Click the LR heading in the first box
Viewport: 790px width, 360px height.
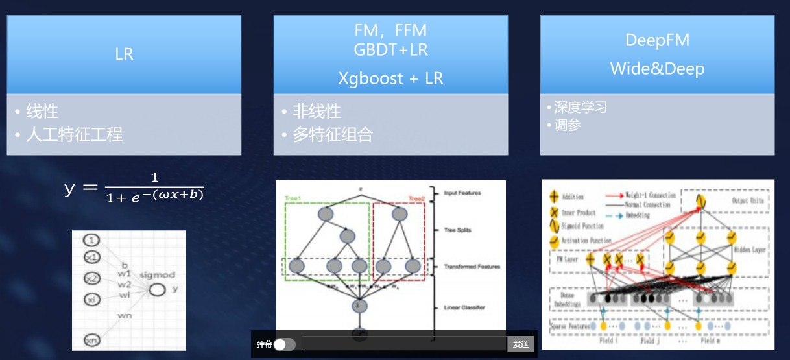click(x=124, y=54)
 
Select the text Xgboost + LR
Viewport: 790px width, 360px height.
click(x=390, y=78)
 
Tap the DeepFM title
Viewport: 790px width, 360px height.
click(x=657, y=40)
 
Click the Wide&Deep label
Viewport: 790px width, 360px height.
click(x=657, y=69)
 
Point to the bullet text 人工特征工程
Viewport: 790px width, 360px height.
click(x=74, y=135)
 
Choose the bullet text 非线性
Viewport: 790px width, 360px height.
click(x=317, y=112)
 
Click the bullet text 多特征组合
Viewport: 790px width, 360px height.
click(x=333, y=135)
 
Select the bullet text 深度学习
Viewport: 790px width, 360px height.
click(x=581, y=107)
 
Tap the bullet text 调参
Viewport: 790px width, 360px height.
click(x=568, y=125)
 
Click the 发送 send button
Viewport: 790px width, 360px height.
click(x=521, y=344)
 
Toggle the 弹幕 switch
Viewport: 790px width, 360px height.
click(x=284, y=344)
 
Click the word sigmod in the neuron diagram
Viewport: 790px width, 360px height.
click(x=156, y=275)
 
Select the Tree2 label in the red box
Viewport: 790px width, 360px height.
click(x=416, y=198)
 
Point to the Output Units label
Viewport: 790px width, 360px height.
click(x=748, y=200)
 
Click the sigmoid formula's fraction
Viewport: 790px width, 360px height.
click(x=155, y=186)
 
